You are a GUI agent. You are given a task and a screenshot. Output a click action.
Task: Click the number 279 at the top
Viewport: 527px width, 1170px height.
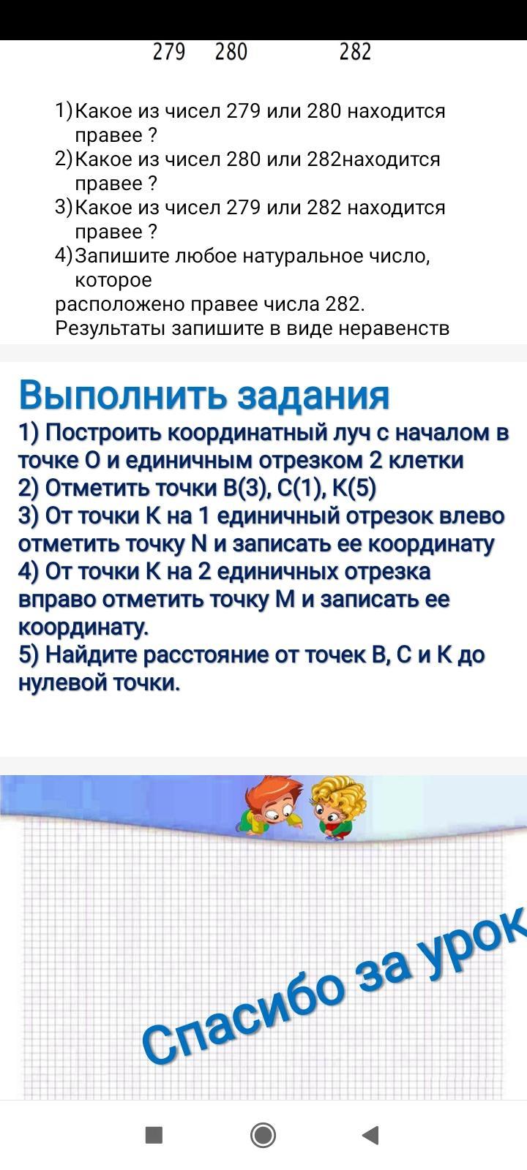coord(169,52)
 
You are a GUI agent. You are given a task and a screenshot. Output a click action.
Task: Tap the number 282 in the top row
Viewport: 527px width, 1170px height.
coord(355,52)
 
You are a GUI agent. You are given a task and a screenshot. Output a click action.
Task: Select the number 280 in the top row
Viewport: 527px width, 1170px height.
coord(231,52)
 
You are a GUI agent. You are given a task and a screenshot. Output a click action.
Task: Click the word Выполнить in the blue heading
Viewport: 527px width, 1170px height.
coord(123,396)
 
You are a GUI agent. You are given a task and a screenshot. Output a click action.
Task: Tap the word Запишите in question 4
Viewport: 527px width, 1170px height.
coord(123,257)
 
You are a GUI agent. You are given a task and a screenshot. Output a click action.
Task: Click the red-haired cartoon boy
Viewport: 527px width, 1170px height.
coord(270,807)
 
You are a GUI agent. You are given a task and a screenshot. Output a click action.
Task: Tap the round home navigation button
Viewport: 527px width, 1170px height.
coord(263,1135)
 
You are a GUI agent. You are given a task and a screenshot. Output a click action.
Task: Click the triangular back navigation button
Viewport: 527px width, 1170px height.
coord(370,1135)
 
